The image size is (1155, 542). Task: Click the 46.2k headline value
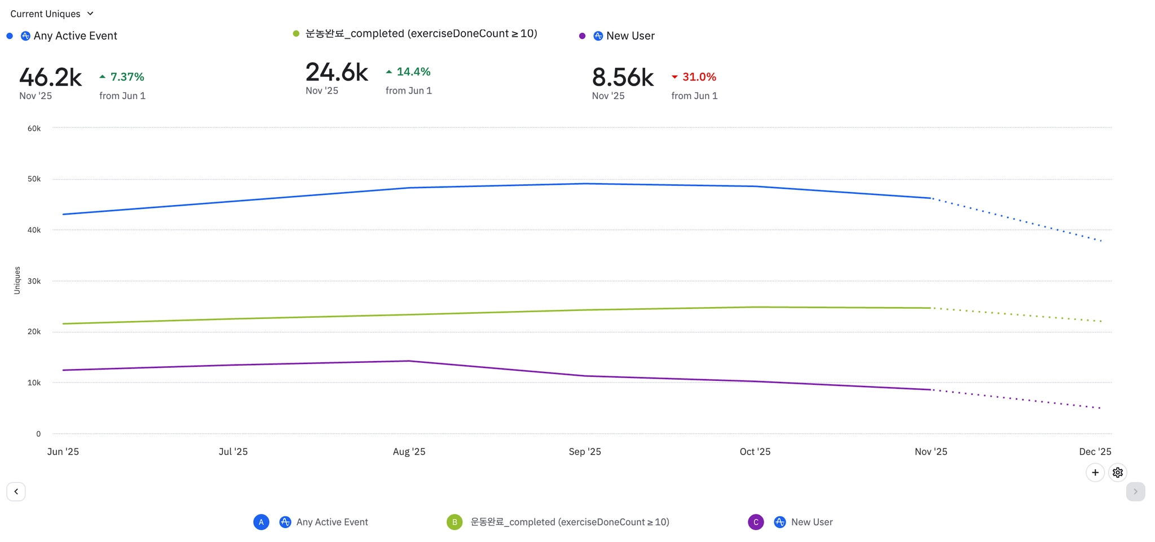pyautogui.click(x=50, y=77)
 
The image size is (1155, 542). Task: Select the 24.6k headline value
pyautogui.click(x=337, y=72)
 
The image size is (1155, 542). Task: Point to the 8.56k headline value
pyautogui.click(x=623, y=77)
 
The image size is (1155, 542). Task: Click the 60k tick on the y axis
pyautogui.click(x=34, y=128)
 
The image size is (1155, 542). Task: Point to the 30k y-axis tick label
pyautogui.click(x=34, y=281)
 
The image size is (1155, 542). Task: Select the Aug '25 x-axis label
pyautogui.click(x=409, y=451)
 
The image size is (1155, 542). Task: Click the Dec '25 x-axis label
pyautogui.click(x=1095, y=451)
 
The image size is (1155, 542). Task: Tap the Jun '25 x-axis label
pyautogui.click(x=63, y=451)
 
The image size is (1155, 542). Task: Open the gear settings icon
pyautogui.click(x=1117, y=472)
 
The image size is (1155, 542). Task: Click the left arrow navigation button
pyautogui.click(x=16, y=491)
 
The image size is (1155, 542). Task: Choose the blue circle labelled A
pyautogui.click(x=261, y=522)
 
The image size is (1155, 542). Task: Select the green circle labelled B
pyautogui.click(x=455, y=522)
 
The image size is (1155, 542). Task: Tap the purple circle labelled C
pyautogui.click(x=756, y=522)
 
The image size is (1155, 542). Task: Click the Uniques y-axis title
pyautogui.click(x=17, y=280)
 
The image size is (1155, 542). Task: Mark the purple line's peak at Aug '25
pyautogui.click(x=409, y=361)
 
